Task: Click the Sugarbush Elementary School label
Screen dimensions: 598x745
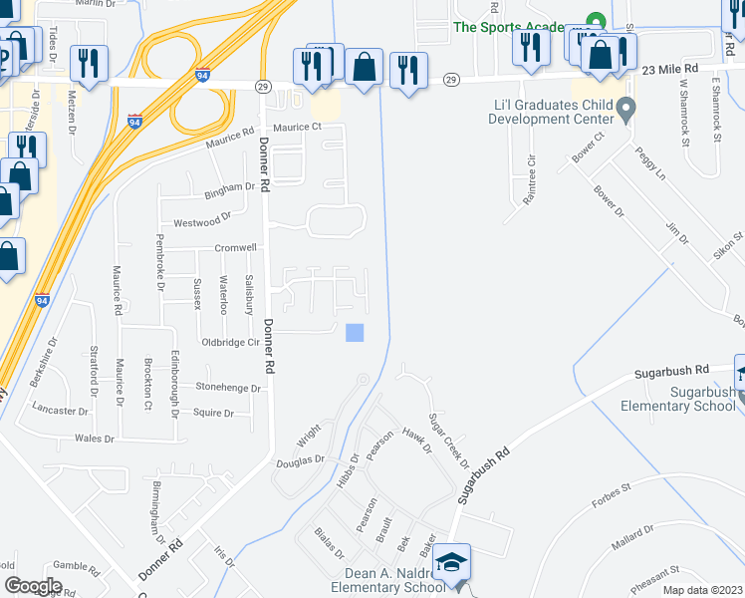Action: click(x=677, y=399)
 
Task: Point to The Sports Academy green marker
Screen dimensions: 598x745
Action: click(x=595, y=21)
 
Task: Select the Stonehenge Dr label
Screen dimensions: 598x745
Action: click(x=228, y=387)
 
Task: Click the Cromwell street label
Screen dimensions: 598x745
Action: click(x=235, y=248)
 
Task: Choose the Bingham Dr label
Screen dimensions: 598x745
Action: click(x=229, y=187)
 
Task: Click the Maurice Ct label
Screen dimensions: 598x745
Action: click(x=298, y=128)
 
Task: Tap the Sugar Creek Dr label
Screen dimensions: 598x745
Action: click(x=448, y=440)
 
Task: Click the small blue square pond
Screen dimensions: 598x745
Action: click(x=355, y=333)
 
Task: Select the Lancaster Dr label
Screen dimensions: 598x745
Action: click(x=60, y=411)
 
